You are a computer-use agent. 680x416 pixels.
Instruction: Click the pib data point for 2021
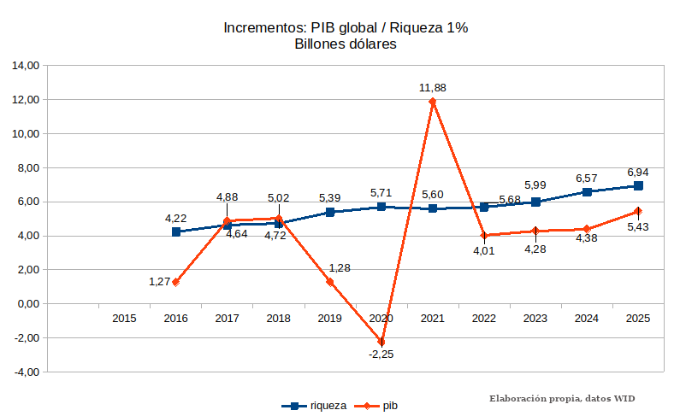(433, 102)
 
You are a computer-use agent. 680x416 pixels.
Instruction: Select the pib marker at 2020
(381, 342)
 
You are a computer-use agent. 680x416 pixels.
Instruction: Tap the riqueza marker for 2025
(638, 185)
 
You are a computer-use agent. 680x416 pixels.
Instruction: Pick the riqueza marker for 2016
(176, 231)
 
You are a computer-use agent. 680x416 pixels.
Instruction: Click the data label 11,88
(433, 87)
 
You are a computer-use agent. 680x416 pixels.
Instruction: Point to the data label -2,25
(381, 354)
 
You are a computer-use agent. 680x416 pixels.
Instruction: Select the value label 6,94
(638, 172)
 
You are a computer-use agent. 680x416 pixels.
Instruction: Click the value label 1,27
(160, 281)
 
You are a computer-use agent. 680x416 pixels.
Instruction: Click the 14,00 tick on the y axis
(26, 66)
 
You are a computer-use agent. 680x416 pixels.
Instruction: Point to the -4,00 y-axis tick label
(26, 372)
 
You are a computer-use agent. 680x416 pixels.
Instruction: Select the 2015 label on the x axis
(125, 319)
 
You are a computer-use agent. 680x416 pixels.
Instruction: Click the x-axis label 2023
(535, 319)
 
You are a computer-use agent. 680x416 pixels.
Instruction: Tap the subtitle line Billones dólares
(345, 44)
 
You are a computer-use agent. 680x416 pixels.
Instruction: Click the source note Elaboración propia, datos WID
(562, 399)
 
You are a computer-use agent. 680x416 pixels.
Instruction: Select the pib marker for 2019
(330, 282)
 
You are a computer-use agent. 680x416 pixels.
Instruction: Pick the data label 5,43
(638, 226)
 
